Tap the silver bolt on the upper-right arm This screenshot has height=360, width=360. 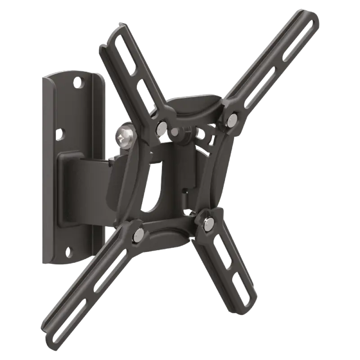pyautogui.click(x=232, y=119)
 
